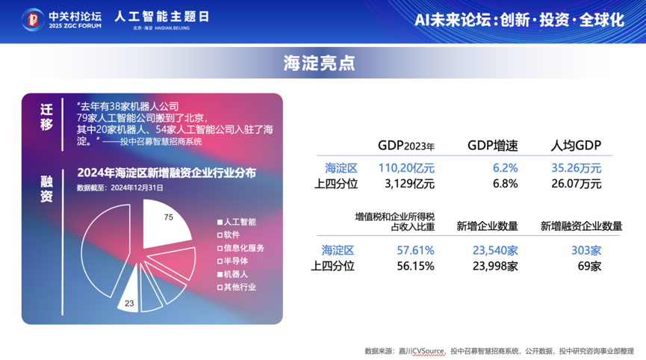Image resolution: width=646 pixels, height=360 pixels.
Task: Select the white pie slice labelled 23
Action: click(x=130, y=297)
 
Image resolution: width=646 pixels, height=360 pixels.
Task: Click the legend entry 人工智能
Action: click(x=237, y=222)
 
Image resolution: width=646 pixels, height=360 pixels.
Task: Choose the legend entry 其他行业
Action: click(x=237, y=287)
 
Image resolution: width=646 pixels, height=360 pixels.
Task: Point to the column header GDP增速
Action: click(x=492, y=145)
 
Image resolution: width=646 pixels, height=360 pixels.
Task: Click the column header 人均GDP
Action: click(x=576, y=145)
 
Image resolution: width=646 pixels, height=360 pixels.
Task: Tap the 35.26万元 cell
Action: click(x=575, y=168)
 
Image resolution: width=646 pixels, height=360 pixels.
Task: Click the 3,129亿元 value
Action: click(x=409, y=183)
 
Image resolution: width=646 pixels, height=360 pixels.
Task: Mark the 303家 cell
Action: click(x=586, y=250)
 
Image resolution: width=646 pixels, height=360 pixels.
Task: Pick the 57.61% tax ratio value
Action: click(x=415, y=250)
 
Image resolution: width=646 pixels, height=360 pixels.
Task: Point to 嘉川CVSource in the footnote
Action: click(x=423, y=350)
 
